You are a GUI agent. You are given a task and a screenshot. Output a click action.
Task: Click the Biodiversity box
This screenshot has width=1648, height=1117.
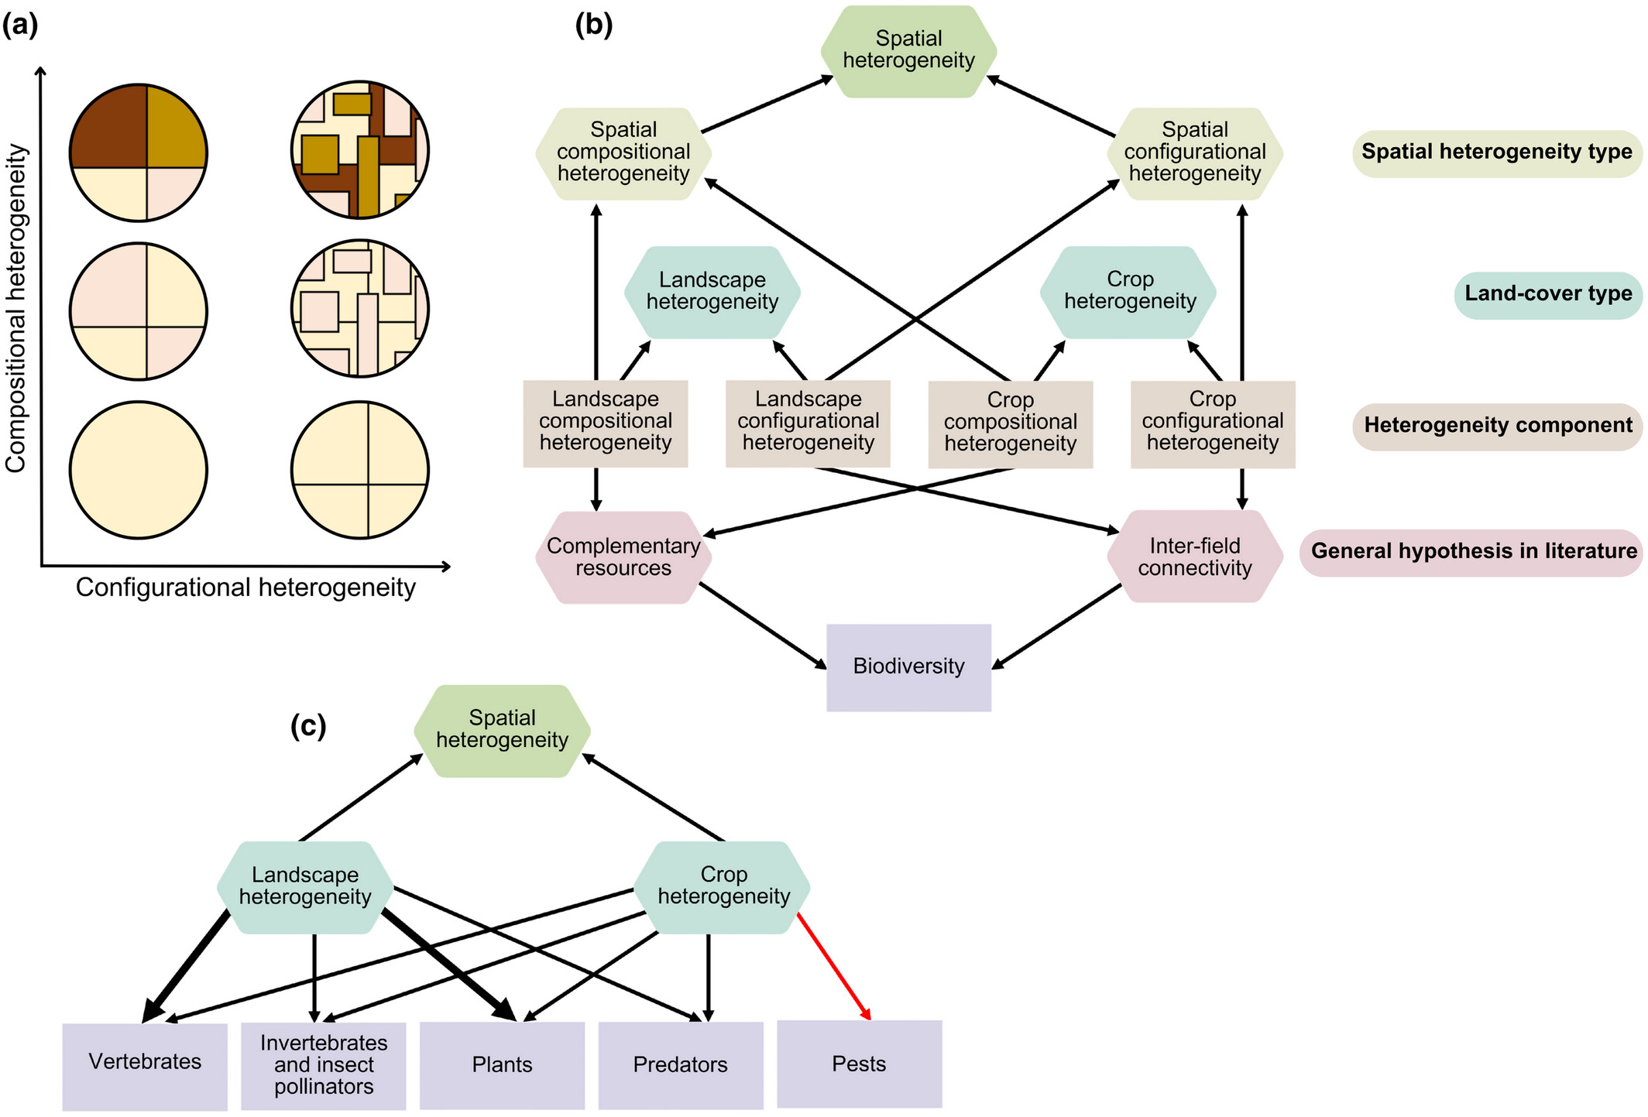click(x=908, y=667)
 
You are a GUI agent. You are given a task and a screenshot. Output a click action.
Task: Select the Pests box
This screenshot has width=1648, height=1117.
click(x=859, y=1064)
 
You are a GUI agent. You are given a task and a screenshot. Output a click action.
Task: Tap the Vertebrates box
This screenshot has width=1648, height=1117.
click(x=145, y=1067)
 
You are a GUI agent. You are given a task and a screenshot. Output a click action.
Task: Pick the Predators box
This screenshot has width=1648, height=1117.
click(x=681, y=1065)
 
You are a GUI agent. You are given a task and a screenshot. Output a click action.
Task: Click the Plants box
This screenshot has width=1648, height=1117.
click(x=502, y=1065)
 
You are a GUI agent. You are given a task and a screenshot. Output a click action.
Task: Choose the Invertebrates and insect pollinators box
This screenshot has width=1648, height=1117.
click(x=324, y=1066)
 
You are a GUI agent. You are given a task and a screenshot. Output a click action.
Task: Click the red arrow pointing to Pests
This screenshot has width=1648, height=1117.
click(x=834, y=967)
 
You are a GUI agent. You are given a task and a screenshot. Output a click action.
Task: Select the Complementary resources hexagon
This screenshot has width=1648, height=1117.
click(x=623, y=557)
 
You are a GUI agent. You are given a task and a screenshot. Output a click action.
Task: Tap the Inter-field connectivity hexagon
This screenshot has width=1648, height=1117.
click(x=1195, y=557)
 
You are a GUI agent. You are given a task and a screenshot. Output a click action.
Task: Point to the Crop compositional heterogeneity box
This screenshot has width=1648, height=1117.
click(x=1011, y=424)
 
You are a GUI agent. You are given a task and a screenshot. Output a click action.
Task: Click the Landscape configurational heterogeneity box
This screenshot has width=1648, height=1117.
click(x=808, y=423)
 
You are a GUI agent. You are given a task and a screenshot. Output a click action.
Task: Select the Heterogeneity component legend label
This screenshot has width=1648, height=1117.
click(x=1498, y=426)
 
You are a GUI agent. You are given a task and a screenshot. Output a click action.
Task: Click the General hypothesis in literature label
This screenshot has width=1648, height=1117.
click(x=1471, y=552)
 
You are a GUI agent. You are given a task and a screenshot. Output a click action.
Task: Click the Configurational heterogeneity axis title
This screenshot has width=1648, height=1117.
click(x=245, y=588)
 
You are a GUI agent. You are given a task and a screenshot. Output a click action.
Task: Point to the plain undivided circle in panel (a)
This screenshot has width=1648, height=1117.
click(x=139, y=470)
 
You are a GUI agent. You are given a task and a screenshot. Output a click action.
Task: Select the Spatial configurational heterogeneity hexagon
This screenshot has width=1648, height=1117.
click(x=1195, y=153)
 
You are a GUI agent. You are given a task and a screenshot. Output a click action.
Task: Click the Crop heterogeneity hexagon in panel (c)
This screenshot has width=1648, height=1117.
click(x=723, y=887)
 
